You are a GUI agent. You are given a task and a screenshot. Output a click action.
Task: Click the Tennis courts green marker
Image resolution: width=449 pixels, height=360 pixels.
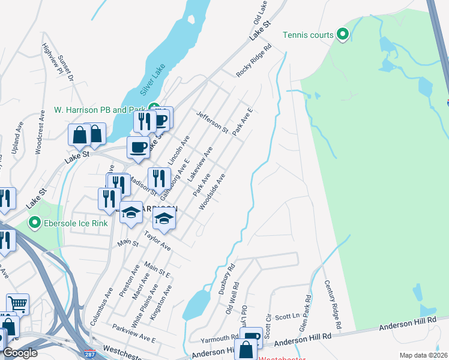pos(343,35)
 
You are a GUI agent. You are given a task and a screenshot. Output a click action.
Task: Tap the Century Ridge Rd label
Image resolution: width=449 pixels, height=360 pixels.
pos(333,305)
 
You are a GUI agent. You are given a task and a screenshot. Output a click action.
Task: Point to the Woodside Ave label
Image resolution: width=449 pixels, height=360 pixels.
pos(212,191)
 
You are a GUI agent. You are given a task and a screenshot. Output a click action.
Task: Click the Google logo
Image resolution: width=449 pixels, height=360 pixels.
pos(20,353)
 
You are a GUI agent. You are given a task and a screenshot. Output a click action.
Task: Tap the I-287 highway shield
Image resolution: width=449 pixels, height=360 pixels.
pos(89,354)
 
